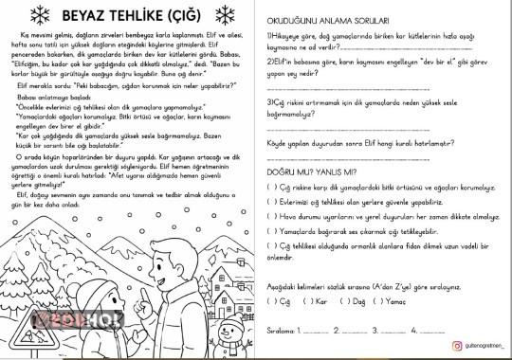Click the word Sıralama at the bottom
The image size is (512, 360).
point(279,330)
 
